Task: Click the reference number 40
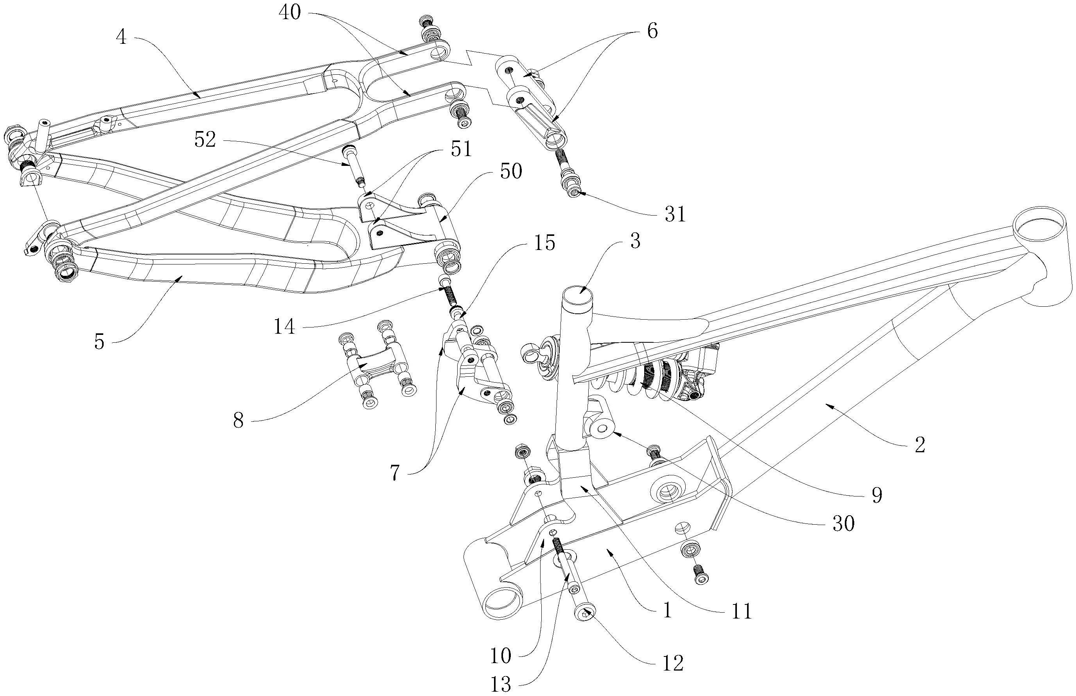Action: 289,13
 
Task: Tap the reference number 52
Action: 205,140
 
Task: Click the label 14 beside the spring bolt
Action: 285,326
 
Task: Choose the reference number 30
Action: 843,524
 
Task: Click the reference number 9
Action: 877,496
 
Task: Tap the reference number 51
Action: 461,149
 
